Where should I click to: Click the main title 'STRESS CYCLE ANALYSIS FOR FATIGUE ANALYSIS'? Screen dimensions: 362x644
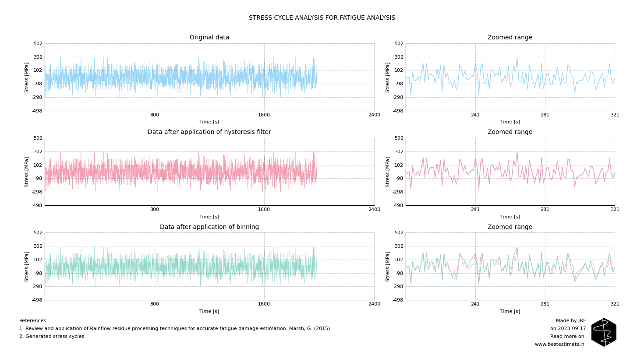tap(322, 18)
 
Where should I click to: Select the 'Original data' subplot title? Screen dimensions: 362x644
tap(209, 38)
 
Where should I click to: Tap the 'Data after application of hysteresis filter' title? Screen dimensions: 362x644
tap(209, 132)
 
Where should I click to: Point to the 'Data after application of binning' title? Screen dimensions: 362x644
tap(209, 227)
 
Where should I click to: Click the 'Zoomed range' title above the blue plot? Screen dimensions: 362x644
tap(510, 38)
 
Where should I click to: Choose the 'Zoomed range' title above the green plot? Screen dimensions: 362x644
tap(510, 227)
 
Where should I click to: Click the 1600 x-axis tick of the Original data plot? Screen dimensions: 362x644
tap(264, 115)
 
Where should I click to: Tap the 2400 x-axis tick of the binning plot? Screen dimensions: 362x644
tap(374, 304)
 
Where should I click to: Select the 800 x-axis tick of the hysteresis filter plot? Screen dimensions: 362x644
tap(155, 210)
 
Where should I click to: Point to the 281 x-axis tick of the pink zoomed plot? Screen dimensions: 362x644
tap(545, 210)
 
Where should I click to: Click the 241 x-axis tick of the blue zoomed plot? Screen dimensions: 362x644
tap(475, 115)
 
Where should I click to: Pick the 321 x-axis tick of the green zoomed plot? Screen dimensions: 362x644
tap(615, 304)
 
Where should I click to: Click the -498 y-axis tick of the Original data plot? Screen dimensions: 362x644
tap(37, 111)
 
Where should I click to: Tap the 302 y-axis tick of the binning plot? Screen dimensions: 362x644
tap(38, 246)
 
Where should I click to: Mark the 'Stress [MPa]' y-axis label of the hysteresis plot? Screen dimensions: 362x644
tap(27, 172)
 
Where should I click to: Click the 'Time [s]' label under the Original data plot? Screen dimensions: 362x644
tap(209, 122)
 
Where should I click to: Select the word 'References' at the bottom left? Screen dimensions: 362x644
tap(32, 321)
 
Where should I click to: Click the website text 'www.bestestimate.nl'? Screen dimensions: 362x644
tap(560, 344)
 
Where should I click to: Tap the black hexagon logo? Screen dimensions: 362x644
tap(604, 332)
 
